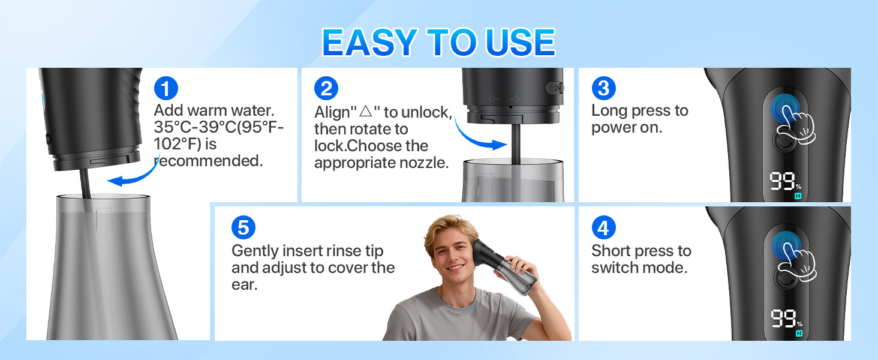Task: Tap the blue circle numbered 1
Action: [166, 89]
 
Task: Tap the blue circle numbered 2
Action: [326, 89]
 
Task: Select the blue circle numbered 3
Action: [603, 89]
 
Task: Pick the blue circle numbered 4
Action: [603, 228]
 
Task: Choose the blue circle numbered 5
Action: [243, 228]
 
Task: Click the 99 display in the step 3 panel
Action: [783, 181]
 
